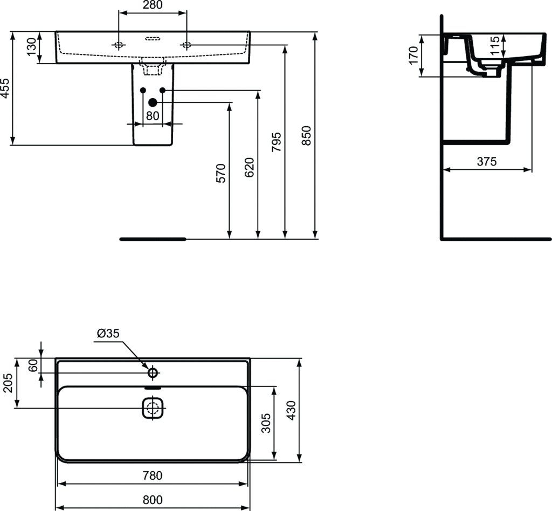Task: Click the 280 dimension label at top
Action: tap(153, 6)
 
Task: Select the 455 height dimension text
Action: tap(5, 88)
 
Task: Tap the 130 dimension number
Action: tap(32, 47)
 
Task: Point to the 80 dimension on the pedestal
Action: tap(153, 115)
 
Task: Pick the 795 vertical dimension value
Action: tap(277, 142)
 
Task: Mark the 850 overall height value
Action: tap(306, 136)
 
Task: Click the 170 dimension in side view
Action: tap(413, 56)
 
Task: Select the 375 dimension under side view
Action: tap(487, 161)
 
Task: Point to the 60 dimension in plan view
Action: tap(33, 365)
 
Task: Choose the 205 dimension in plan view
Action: tap(8, 383)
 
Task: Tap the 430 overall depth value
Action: tap(291, 411)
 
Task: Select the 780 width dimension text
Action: tap(153, 475)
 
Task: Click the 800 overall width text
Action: tap(153, 500)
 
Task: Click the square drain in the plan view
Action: tap(153, 408)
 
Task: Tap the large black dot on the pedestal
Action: tap(153, 102)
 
